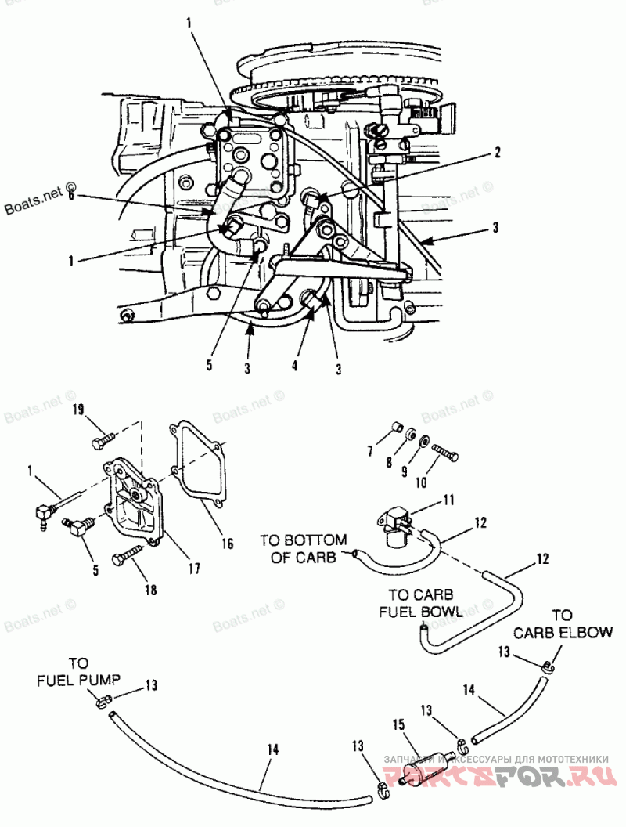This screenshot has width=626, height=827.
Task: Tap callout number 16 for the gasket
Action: (226, 543)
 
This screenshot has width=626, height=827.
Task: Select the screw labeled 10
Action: (444, 453)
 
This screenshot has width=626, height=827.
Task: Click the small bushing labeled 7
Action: (397, 428)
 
